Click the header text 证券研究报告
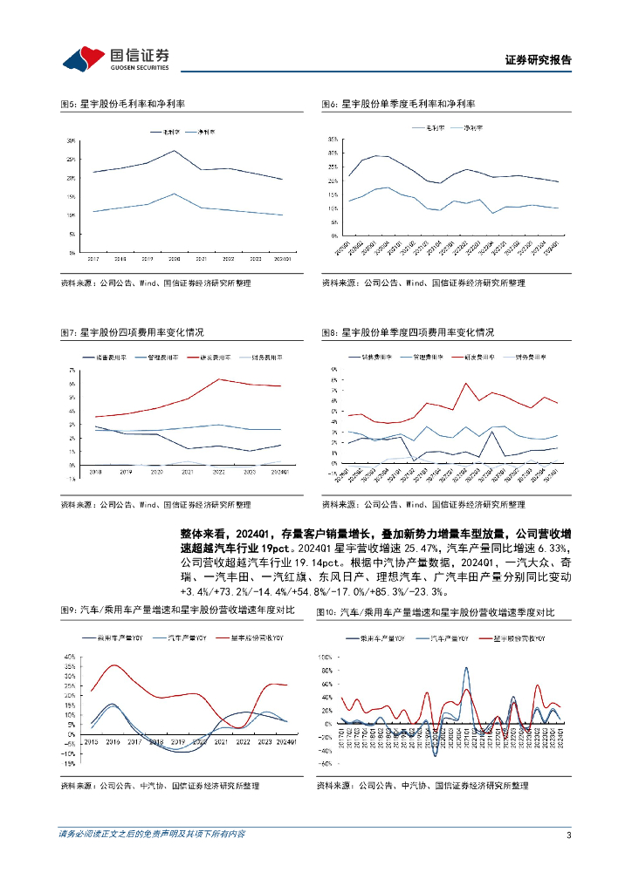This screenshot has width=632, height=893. pos(539,61)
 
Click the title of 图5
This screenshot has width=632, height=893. pos(122,105)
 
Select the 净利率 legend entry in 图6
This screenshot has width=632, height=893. pos(473,128)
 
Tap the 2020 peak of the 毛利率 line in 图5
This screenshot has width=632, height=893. pos(175,151)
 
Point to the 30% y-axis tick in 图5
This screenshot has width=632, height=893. pos(71,140)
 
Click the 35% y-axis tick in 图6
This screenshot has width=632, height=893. pos(333,140)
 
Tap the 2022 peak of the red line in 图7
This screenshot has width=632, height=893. pos(219,378)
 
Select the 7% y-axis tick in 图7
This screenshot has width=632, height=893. pos(72,370)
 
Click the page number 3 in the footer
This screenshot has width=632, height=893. pos(568,835)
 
